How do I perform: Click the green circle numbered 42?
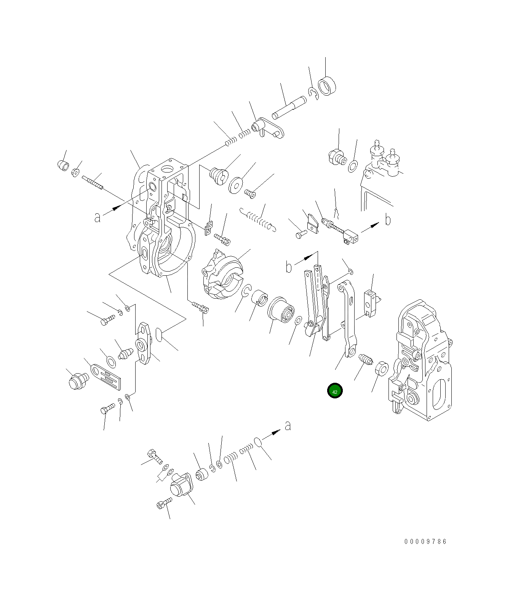(335, 391)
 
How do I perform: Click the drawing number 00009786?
(425, 541)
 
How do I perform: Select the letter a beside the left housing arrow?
(98, 217)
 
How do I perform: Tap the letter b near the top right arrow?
(388, 220)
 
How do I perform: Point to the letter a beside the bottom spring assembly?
(288, 425)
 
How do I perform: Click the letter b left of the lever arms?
(289, 267)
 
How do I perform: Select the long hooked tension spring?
(258, 220)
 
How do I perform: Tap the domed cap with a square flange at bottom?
(180, 487)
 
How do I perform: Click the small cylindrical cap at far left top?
(63, 166)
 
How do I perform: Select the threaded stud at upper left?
(92, 183)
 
